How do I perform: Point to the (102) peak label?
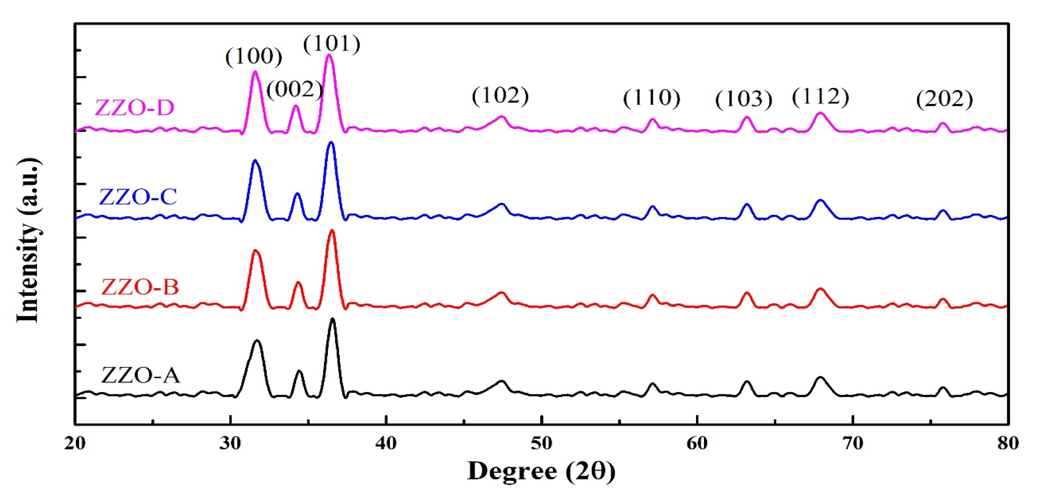click(500, 96)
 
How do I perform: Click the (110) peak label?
click(651, 98)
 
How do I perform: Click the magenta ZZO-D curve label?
click(135, 108)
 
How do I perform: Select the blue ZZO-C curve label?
click(138, 197)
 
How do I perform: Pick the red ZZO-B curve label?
click(140, 287)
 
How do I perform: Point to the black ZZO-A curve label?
click(140, 375)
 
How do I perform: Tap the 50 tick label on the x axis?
click(541, 443)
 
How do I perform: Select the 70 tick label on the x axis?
click(853, 443)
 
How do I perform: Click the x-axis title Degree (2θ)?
click(541, 471)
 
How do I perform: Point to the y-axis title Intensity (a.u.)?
click(28, 241)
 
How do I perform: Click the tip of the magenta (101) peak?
click(329, 55)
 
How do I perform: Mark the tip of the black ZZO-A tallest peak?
click(332, 319)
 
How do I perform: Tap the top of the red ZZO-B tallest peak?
click(332, 231)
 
